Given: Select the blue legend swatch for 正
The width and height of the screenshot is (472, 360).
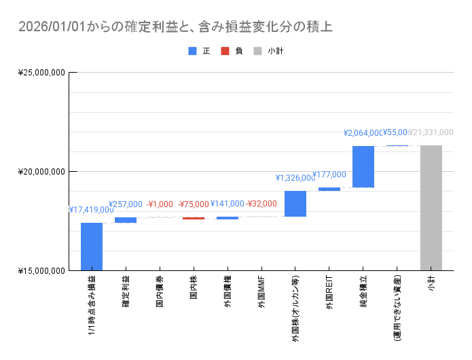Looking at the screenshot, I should [192, 51].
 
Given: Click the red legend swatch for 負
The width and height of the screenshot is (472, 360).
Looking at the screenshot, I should [225, 51].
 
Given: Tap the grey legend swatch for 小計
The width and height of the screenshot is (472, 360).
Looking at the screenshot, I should [257, 51].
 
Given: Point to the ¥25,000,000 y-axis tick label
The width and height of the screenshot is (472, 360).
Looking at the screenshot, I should [41, 72].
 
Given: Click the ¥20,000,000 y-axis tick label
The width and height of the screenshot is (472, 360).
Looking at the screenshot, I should [41, 171].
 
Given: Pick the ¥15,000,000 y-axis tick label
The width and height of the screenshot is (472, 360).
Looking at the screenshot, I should [41, 271].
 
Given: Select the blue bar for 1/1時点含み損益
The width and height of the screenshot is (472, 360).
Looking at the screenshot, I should [92, 247].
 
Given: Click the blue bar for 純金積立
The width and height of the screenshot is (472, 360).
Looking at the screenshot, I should [363, 166].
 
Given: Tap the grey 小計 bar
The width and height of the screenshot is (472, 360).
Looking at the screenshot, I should [431, 208].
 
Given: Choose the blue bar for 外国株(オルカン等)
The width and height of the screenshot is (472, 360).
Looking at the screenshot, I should [295, 204].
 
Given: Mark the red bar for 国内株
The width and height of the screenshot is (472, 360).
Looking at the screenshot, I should [194, 218].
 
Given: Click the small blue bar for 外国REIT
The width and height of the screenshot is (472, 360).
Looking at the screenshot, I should [329, 189].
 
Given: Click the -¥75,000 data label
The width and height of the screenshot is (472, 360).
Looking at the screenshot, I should [194, 204].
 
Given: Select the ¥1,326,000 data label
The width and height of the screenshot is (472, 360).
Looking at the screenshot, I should [295, 178].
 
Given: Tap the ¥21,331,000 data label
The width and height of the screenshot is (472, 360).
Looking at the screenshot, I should [431, 132].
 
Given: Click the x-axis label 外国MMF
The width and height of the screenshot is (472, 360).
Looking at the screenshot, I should [261, 293].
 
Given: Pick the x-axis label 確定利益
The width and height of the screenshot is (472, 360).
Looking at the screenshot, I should [126, 293].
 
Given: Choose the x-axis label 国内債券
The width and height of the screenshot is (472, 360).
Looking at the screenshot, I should [160, 293].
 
